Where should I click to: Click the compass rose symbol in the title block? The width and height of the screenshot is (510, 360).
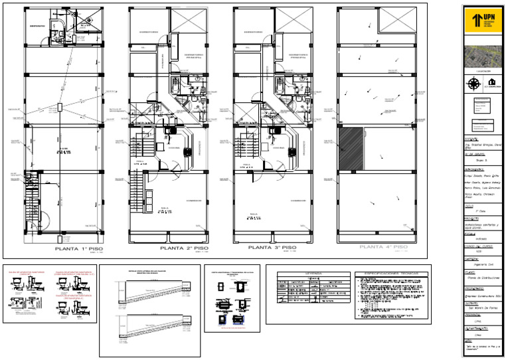point(473,84)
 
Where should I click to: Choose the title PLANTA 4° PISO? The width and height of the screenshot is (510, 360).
point(383,247)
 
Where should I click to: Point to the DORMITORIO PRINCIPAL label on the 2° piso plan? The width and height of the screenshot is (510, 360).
point(193,56)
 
